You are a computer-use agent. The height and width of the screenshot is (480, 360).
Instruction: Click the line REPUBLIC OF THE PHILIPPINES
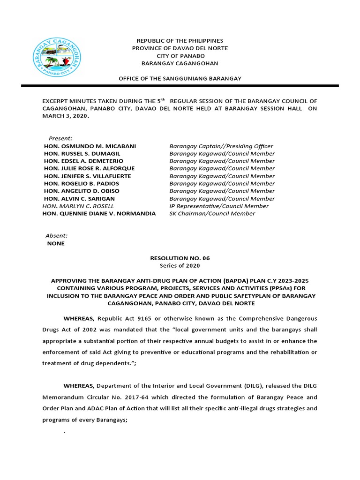(180, 41)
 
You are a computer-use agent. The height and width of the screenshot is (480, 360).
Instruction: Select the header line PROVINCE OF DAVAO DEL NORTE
(180, 48)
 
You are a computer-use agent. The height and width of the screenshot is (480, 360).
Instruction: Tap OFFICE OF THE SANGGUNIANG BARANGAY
(180, 78)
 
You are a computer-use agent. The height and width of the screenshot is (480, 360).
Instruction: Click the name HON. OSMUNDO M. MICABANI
(90, 146)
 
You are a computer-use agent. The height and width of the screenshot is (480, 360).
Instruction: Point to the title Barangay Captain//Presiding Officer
(221, 146)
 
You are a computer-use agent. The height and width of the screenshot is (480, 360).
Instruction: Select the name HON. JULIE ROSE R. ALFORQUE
(89, 168)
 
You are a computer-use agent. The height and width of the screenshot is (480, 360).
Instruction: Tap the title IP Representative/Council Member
(219, 206)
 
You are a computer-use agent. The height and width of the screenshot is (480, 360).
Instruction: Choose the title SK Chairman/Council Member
(212, 213)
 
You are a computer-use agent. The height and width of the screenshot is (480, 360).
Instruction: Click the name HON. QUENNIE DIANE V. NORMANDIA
(99, 213)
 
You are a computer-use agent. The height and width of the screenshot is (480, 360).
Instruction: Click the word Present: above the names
(60, 138)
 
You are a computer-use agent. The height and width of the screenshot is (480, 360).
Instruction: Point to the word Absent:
(56, 236)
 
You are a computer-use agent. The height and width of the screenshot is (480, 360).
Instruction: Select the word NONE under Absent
(56, 243)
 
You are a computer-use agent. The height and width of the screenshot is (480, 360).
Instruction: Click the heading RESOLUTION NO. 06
(180, 258)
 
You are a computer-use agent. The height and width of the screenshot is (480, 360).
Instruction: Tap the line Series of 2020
(180, 266)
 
